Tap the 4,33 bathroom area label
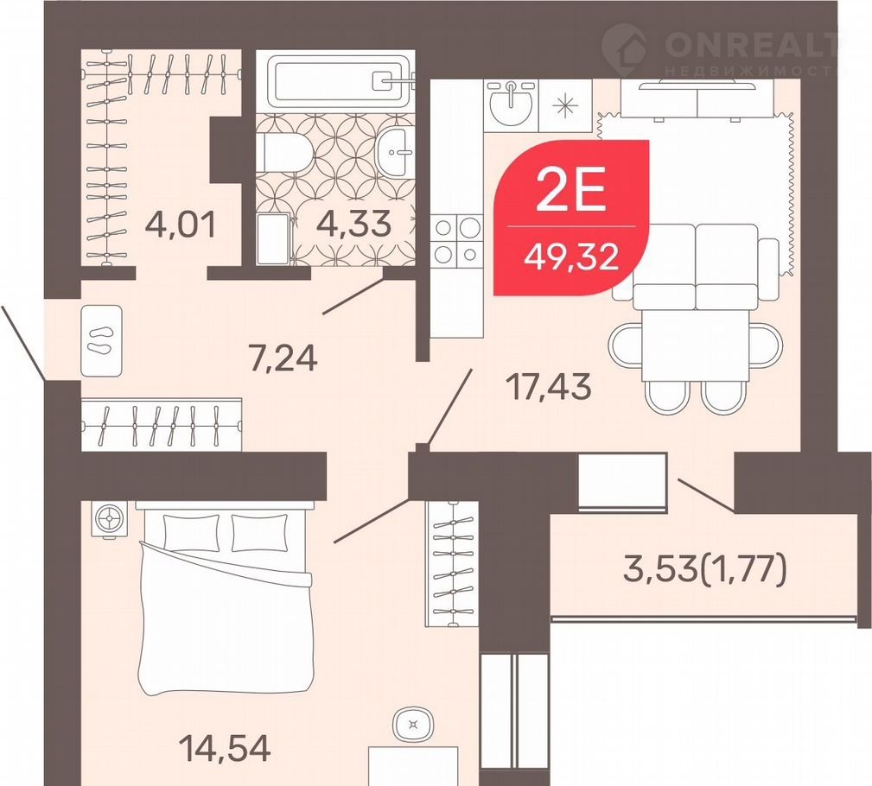[353, 224]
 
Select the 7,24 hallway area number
[283, 358]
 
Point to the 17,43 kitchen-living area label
[549, 387]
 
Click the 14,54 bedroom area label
[226, 748]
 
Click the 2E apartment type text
[570, 192]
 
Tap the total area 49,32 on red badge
[572, 257]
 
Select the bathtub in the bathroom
[339, 80]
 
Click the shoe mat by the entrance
[102, 340]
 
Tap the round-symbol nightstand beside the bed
[109, 520]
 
